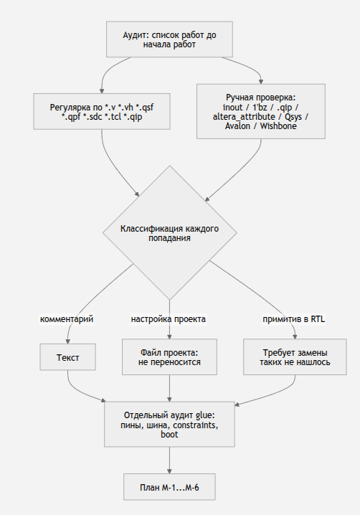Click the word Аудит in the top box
pos(134,35)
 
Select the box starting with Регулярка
pos(102,111)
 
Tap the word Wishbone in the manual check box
pos(278,126)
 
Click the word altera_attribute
pos(244,117)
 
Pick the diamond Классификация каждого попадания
pos(169,233)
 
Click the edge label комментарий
pos(67,319)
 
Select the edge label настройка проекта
pos(169,319)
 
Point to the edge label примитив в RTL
pos(293,319)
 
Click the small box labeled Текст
pos(67,357)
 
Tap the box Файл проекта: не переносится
pos(169,357)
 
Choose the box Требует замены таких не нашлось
pos(295,357)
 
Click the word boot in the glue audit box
pos(169,434)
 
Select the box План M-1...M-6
pos(169,487)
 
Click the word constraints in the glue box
pos(196,425)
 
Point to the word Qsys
pos(293,117)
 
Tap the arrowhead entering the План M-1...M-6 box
pos(169,471)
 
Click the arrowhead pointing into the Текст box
pos(67,341)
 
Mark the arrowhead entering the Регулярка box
pos(102,91)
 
